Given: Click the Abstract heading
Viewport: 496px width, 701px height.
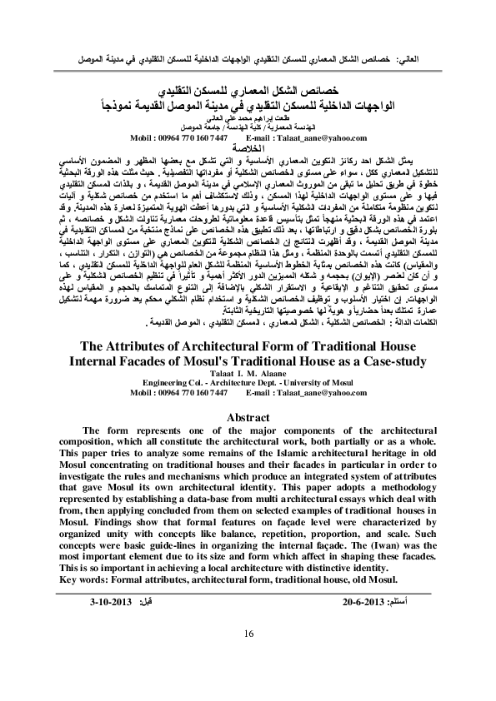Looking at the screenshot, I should click(x=248, y=416).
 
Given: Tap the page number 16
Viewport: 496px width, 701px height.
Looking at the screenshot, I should click(x=248, y=634).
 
